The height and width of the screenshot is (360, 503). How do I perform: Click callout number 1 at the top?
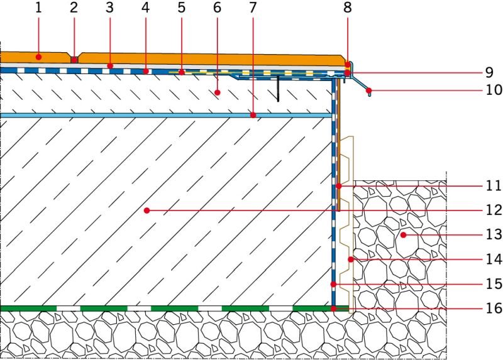point(38,8)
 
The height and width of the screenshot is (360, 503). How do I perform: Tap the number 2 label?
point(74,8)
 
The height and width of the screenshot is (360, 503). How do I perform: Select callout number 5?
point(182,8)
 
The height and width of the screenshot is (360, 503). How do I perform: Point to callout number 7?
point(253,8)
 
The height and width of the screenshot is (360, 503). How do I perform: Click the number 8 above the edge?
point(348,8)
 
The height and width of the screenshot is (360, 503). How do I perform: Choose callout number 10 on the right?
point(494,90)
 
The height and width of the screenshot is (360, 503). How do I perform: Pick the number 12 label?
point(494,210)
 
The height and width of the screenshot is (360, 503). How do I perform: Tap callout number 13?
point(494,234)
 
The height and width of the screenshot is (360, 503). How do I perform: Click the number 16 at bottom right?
point(494,308)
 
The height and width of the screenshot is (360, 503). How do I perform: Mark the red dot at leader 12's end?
point(147,210)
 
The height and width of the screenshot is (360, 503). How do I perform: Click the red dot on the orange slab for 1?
point(38,57)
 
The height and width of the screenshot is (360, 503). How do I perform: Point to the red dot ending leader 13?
point(404,235)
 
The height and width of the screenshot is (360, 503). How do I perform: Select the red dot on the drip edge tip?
point(369,90)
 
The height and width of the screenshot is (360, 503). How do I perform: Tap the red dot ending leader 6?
point(217,92)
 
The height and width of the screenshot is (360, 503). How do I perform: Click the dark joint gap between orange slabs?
point(74,60)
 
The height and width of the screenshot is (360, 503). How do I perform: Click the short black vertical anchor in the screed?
point(278,89)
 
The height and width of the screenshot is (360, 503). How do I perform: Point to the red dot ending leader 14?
point(351,259)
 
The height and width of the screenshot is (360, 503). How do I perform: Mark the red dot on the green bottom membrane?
point(334,308)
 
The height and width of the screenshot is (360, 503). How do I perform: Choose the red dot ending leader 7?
point(253,115)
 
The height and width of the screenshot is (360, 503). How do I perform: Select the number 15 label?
point(494,284)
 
